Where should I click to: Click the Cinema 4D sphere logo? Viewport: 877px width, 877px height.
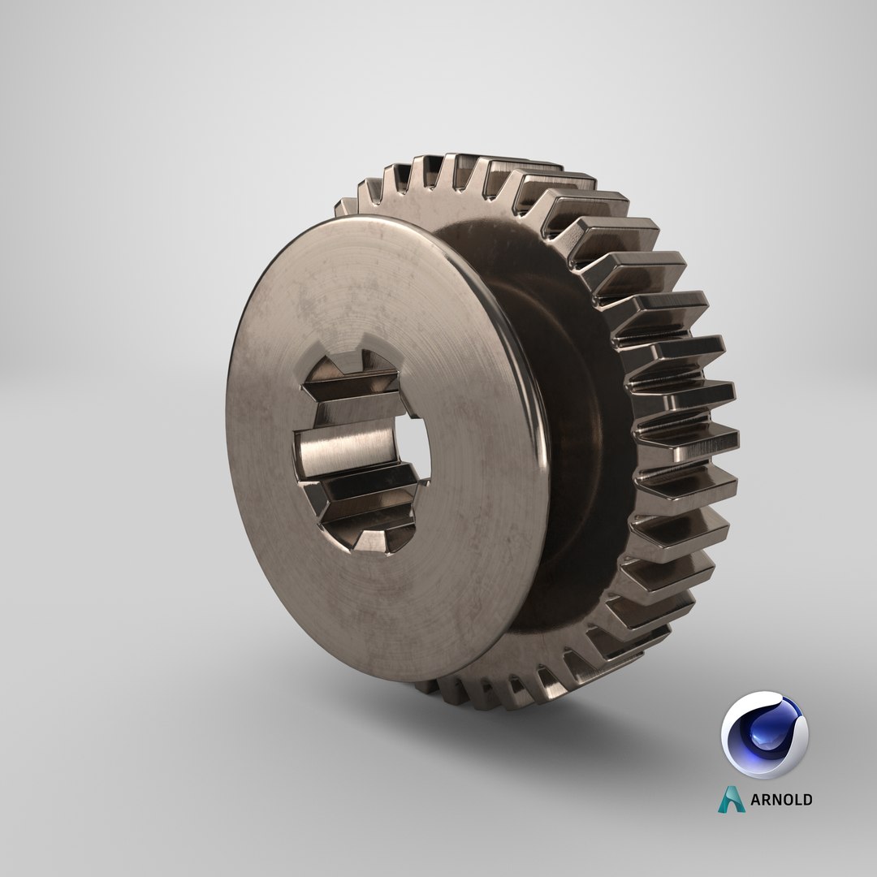764,735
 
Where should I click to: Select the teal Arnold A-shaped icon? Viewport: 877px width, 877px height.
731,799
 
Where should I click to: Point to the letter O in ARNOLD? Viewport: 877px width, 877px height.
783,800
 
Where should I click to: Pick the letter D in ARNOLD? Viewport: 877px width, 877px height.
806,800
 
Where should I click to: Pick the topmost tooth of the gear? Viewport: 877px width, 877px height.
471,166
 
